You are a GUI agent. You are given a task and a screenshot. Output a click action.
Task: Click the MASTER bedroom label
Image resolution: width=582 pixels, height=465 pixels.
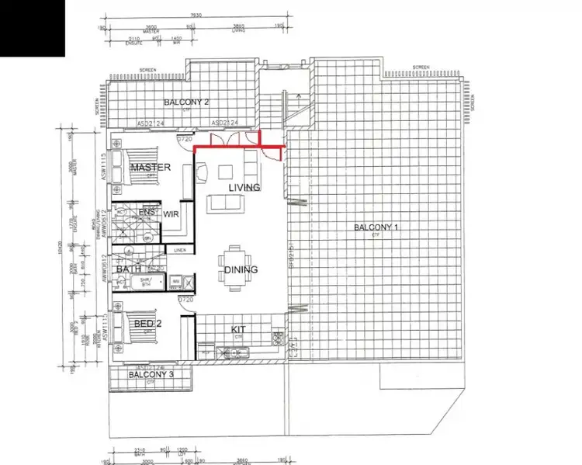pyautogui.click(x=151, y=168)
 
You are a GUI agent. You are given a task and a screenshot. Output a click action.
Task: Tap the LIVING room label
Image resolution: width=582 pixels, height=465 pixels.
pyautogui.click(x=244, y=188)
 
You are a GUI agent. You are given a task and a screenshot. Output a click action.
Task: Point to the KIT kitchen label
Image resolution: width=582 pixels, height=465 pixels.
pyautogui.click(x=239, y=330)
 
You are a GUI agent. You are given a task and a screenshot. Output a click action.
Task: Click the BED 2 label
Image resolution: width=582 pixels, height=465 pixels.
pyautogui.click(x=147, y=323)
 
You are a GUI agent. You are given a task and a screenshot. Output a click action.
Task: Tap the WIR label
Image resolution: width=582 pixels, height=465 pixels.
pyautogui.click(x=171, y=213)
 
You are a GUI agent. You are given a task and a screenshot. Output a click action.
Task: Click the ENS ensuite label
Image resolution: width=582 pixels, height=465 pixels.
pyautogui.click(x=147, y=212)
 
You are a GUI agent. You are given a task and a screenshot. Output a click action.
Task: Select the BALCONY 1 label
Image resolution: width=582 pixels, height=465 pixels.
pyautogui.click(x=376, y=227)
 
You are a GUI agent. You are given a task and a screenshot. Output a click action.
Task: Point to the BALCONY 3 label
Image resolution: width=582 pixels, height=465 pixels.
pyautogui.click(x=151, y=375)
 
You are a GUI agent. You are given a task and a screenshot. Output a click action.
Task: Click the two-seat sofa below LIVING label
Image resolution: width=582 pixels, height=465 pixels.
pyautogui.click(x=224, y=203)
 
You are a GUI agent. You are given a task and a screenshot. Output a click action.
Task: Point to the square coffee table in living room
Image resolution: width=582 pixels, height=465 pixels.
pyautogui.click(x=227, y=172)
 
